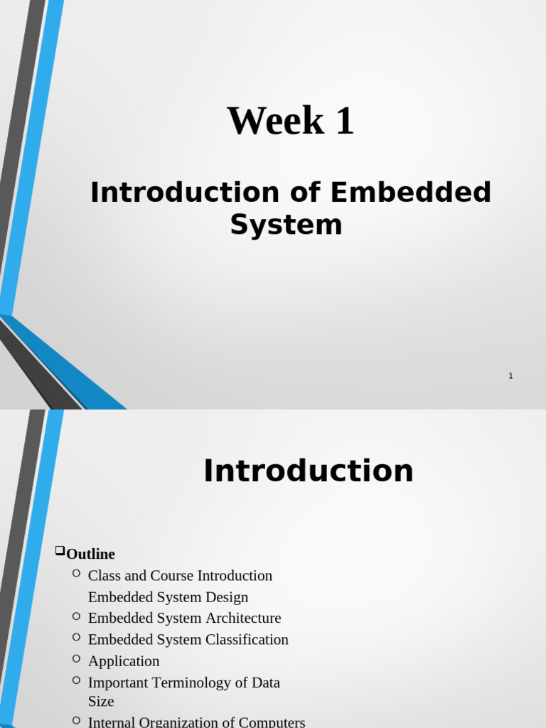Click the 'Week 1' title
pos(290,121)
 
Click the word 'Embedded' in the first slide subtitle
pos(411,193)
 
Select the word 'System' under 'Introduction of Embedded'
pos(286,225)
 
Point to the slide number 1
pos(510,376)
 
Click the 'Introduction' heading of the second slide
pos(308,471)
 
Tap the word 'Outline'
pos(90,554)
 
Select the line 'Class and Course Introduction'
pos(180,575)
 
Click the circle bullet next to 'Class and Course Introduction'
pos(76,573)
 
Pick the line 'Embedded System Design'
pos(168,597)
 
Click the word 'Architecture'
pos(243,619)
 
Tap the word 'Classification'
pos(247,640)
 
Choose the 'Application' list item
pos(124,661)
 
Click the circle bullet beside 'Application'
pos(76,659)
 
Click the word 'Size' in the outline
pos(101,701)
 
